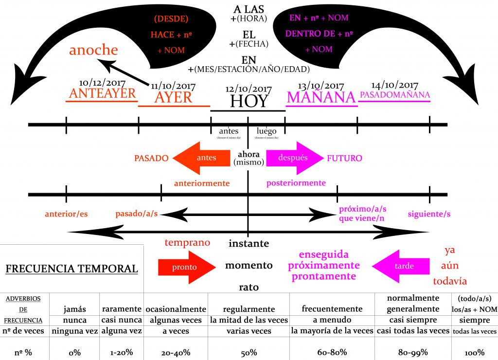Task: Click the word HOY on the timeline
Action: coord(249,101)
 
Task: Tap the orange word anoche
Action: coord(93,50)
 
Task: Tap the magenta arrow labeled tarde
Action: coord(401,266)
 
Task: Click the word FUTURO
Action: coord(344,158)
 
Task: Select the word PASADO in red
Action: coord(151,158)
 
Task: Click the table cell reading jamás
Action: coord(74,309)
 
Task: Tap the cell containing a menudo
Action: coord(332,320)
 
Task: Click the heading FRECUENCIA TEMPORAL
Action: coord(71,269)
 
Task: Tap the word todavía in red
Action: coord(450,281)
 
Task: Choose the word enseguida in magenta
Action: coord(323,254)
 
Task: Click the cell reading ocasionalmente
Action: coord(176,309)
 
